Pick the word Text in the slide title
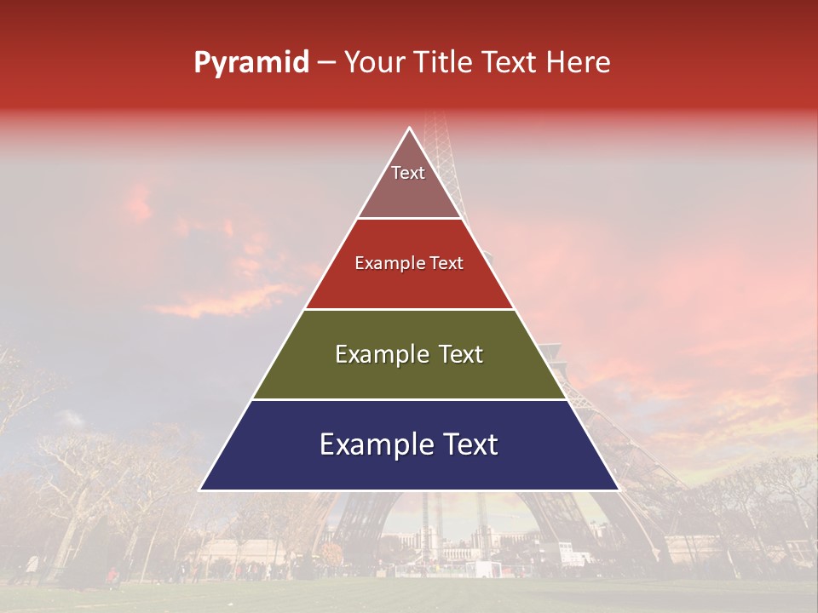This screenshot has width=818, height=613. (x=510, y=63)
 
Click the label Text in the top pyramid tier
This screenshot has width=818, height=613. (x=408, y=173)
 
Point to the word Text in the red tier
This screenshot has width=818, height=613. (x=447, y=264)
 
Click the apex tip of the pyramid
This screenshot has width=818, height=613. (x=409, y=129)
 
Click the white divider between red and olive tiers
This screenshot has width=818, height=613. (x=409, y=309)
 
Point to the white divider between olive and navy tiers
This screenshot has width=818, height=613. (x=409, y=399)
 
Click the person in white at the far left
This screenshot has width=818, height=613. (x=33, y=564)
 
